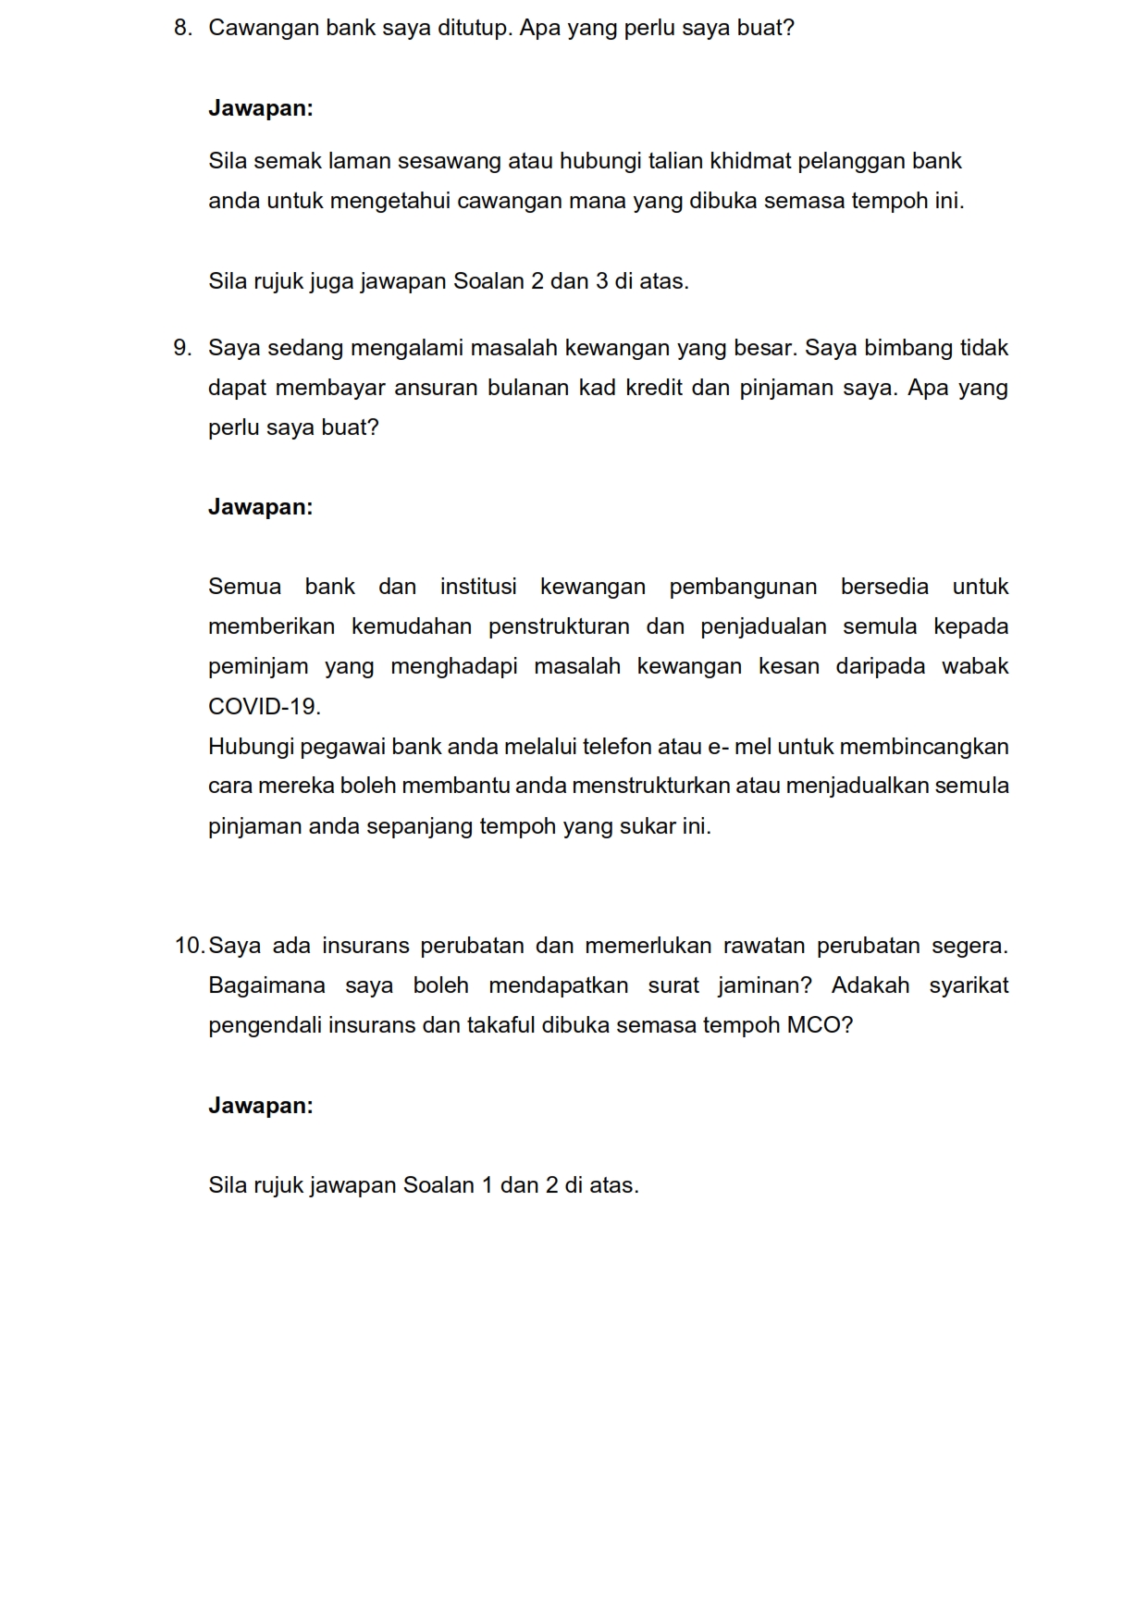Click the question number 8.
click(182, 29)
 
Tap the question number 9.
click(182, 349)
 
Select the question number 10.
click(189, 947)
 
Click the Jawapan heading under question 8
click(261, 108)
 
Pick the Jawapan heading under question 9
click(261, 507)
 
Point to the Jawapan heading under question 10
click(261, 1106)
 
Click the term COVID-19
click(265, 707)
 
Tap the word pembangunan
click(743, 588)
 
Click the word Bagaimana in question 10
click(266, 986)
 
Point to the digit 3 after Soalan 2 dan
click(601, 281)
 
